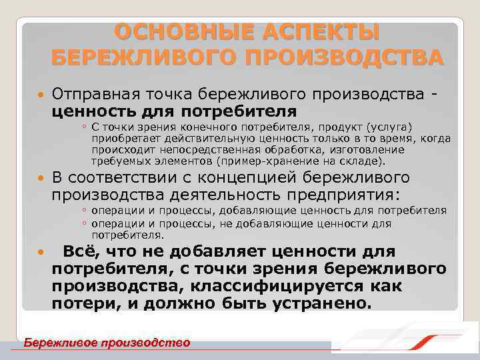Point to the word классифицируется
[x=301, y=285]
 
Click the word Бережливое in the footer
[x=59, y=343]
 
